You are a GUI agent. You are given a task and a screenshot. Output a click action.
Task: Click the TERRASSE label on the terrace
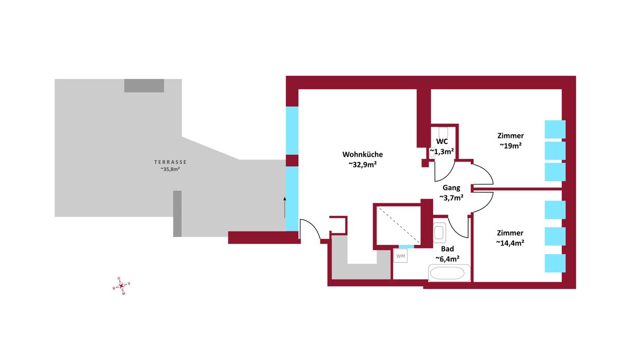click(170, 162)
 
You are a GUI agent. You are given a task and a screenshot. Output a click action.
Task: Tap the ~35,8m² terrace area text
click(170, 169)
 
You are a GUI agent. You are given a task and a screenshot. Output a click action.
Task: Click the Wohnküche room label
click(363, 154)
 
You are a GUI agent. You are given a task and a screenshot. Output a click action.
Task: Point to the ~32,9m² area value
click(363, 165)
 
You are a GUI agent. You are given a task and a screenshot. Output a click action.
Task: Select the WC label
click(442, 141)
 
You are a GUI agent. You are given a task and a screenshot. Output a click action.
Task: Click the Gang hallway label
click(451, 188)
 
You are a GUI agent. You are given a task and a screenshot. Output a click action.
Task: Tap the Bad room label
click(448, 249)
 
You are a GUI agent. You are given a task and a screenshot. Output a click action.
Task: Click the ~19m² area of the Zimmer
click(510, 146)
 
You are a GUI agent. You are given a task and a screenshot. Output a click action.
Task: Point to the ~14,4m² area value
click(510, 243)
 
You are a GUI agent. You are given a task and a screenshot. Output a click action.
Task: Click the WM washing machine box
click(401, 256)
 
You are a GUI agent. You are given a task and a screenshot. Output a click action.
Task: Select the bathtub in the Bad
click(449, 273)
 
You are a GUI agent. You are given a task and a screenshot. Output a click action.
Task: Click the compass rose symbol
click(121, 286)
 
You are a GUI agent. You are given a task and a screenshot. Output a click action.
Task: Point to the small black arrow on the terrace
click(285, 207)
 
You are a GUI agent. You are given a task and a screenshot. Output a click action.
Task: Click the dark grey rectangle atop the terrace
click(144, 86)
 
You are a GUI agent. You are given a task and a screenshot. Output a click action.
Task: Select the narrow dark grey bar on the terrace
click(178, 213)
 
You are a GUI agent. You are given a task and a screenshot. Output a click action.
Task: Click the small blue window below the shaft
click(407, 246)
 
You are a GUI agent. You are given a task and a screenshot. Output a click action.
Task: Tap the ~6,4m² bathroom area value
click(448, 259)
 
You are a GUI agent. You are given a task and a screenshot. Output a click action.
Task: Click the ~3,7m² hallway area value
click(451, 197)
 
